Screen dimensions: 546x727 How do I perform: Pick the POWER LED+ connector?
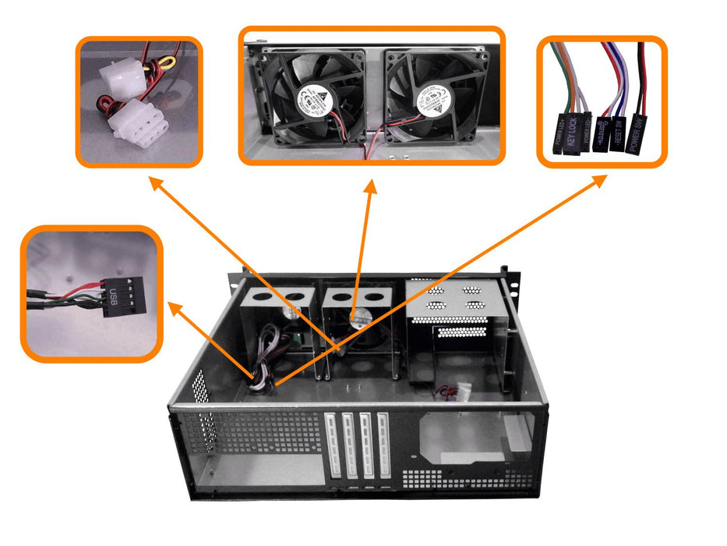click(558, 133)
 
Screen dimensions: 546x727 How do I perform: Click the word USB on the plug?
click(114, 296)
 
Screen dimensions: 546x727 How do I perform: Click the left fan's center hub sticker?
click(317, 97)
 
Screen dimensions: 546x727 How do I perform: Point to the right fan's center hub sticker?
click(436, 97)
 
